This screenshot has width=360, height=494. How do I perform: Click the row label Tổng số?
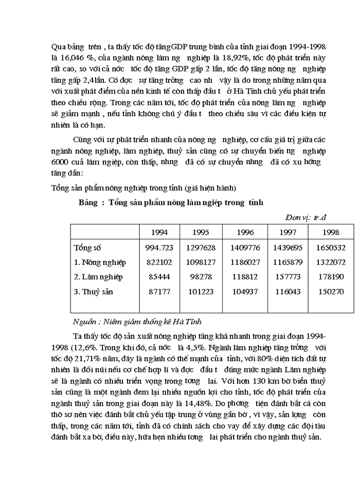click(87, 248)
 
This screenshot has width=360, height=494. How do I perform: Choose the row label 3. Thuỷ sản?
click(93, 292)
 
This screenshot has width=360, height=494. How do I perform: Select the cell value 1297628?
click(201, 248)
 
